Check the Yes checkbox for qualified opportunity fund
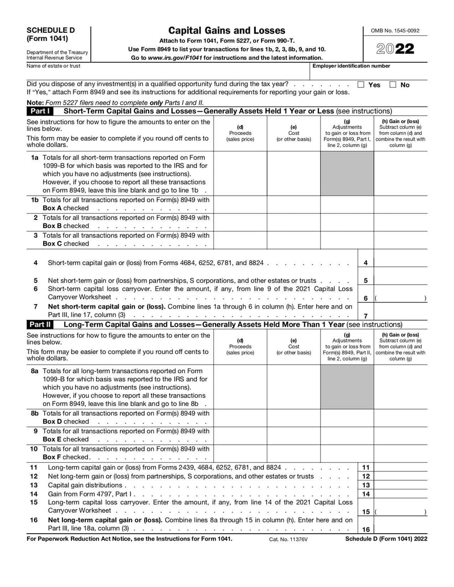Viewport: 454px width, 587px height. tap(361, 85)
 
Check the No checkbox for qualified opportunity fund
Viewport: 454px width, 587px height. tap(393, 85)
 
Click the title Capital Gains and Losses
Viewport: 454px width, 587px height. tap(227, 31)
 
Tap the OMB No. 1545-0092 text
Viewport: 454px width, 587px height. tap(396, 31)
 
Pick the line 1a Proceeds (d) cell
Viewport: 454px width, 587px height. tap(240, 173)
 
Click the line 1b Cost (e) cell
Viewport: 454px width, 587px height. tap(293, 204)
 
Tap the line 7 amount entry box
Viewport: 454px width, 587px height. tap(401, 311)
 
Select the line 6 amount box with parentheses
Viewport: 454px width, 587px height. tap(401, 297)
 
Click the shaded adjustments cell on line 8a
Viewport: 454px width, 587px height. tap(347, 386)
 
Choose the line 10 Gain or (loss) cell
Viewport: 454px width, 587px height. tap(401, 453)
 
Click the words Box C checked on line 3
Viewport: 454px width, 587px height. tap(66, 244)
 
